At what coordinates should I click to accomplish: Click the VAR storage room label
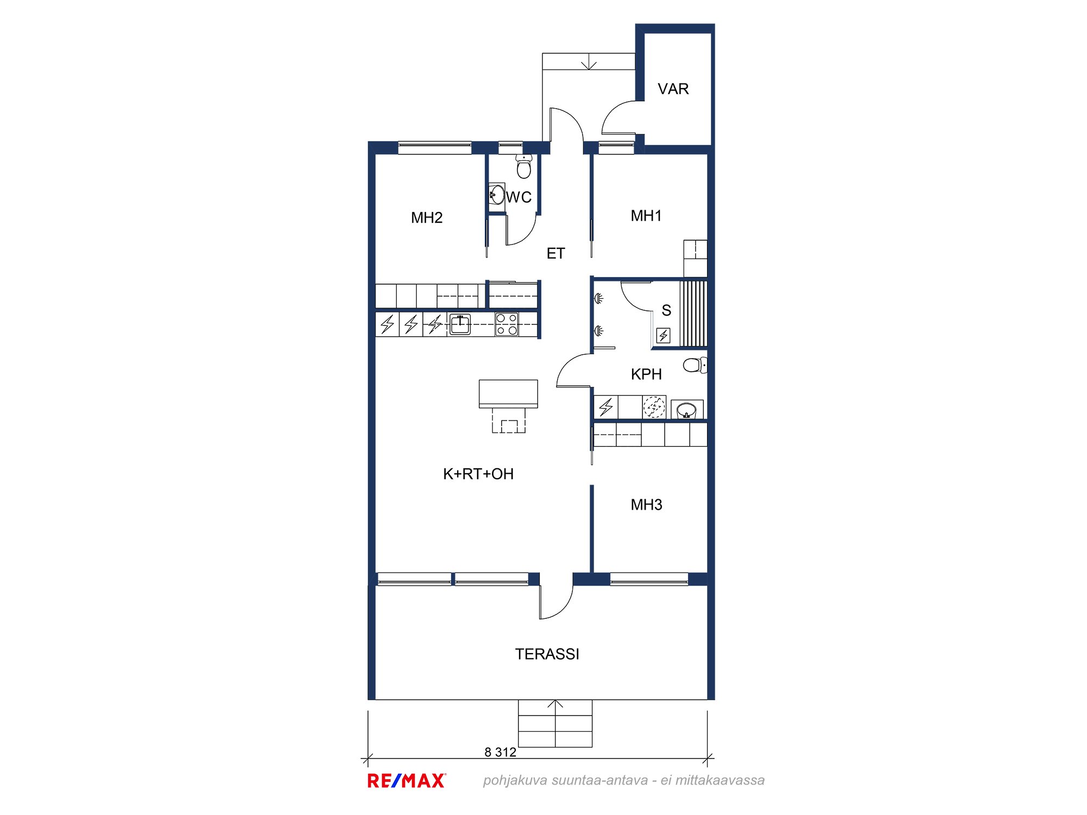tap(673, 89)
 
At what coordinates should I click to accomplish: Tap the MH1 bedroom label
tap(646, 216)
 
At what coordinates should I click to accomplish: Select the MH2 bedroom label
tap(427, 218)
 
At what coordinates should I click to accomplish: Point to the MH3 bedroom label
tap(646, 505)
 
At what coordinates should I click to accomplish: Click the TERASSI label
tap(547, 654)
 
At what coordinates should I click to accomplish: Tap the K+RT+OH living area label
tap(478, 474)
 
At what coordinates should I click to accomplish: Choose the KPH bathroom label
tap(646, 374)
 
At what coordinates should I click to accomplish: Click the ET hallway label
tap(555, 253)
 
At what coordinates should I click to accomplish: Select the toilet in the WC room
tap(524, 167)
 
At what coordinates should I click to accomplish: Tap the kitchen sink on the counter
tap(460, 324)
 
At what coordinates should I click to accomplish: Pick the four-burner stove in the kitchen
tap(507, 324)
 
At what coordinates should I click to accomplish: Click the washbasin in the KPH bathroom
tap(687, 410)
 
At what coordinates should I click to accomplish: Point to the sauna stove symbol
tap(664, 336)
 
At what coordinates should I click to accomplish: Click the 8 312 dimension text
tap(500, 752)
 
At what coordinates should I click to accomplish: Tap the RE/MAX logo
tap(407, 781)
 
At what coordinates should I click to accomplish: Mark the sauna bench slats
tap(694, 314)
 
